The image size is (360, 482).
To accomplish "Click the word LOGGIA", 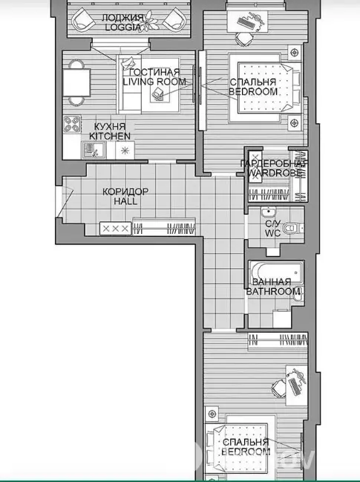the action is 123,27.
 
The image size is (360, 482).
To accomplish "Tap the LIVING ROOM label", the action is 154,82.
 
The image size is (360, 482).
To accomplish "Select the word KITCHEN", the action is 110,136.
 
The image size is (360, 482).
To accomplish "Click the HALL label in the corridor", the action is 125,201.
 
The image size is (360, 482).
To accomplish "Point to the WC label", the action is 272,233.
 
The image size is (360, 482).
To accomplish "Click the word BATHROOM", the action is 273,291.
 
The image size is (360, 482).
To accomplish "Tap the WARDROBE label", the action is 275,173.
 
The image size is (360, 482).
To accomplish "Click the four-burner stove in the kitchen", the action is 72,124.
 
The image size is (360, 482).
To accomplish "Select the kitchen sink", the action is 94,150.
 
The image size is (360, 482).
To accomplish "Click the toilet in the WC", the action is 292,228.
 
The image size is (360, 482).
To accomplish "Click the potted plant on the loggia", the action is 148,21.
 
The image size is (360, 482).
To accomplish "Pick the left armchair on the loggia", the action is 83,21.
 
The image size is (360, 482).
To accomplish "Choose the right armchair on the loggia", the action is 174,21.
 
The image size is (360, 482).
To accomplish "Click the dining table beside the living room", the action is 76,82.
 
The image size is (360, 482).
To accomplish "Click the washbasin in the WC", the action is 269,212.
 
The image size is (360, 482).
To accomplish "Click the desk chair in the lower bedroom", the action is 279,385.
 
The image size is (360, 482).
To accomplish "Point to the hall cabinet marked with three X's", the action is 116,229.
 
